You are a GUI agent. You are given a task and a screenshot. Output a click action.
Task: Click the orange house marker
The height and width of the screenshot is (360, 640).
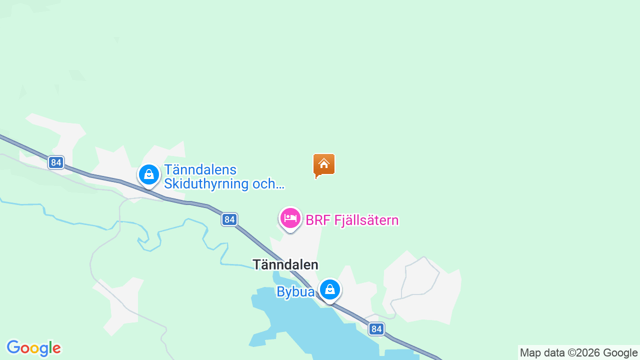pyautogui.click(x=324, y=164)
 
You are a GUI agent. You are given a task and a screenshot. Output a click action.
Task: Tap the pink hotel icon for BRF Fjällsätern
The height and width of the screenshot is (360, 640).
pyautogui.click(x=290, y=218)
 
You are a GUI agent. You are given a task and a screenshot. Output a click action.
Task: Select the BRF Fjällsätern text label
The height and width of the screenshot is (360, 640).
pyautogui.click(x=352, y=220)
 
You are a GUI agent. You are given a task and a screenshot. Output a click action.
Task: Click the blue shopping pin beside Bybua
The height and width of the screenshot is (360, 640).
pyautogui.click(x=330, y=289)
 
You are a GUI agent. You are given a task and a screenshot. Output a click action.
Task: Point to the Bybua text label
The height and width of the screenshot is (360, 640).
pyautogui.click(x=295, y=292)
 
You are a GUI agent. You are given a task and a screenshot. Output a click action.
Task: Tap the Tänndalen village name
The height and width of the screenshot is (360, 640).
pyautogui.click(x=285, y=264)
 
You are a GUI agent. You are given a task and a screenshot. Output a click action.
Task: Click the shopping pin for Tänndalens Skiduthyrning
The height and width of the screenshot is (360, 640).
pyautogui.click(x=148, y=174)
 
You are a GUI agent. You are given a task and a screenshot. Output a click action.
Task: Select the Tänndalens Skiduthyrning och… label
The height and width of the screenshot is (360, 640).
pyautogui.click(x=224, y=177)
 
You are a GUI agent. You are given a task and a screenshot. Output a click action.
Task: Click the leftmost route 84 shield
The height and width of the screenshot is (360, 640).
pyautogui.click(x=56, y=162)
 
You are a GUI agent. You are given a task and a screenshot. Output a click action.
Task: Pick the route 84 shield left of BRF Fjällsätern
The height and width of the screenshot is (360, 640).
pyautogui.click(x=229, y=219)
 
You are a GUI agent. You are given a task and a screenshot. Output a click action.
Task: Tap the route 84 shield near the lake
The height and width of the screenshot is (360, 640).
pyautogui.click(x=377, y=329)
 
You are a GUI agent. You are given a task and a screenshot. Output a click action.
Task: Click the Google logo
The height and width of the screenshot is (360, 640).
pyautogui.click(x=33, y=348)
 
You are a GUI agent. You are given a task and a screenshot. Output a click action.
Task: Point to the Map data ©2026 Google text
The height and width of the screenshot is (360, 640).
pyautogui.click(x=578, y=353)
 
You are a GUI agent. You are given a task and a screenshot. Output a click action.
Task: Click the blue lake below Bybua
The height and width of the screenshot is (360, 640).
pyautogui.click(x=310, y=325)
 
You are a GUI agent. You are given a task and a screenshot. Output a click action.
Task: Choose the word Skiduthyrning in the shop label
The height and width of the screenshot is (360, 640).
pyautogui.click(x=206, y=184)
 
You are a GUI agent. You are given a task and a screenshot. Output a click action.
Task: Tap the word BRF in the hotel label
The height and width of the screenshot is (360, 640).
pyautogui.click(x=315, y=220)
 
